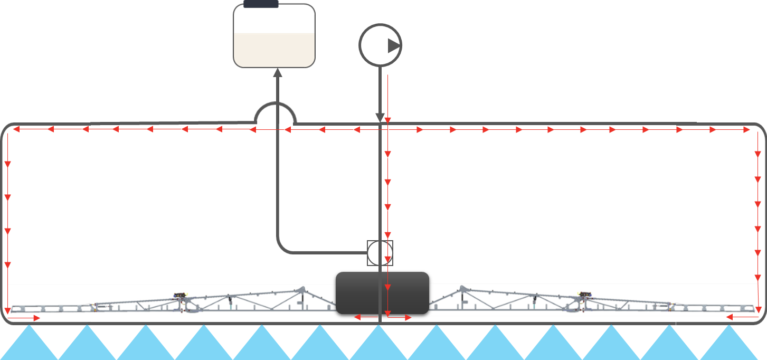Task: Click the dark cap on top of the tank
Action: [x=261, y=4]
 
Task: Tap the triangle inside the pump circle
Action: [x=394, y=46]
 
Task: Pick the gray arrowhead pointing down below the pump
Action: [x=380, y=117]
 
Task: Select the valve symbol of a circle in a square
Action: [x=380, y=253]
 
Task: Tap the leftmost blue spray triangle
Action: [x=29, y=346]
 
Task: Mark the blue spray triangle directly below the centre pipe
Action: [x=379, y=346]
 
